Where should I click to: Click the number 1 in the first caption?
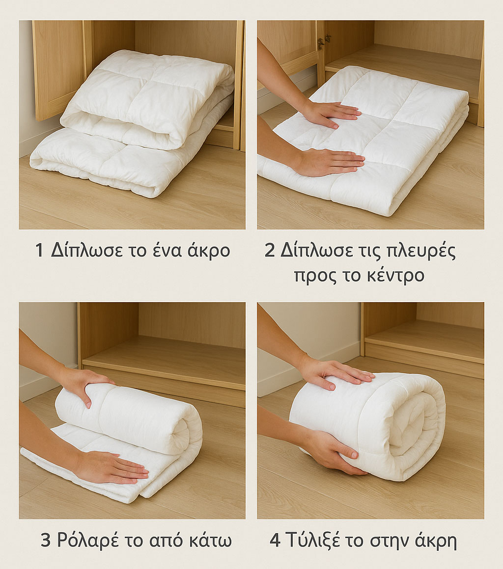pos(39,251)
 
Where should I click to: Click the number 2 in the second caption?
pos(270,251)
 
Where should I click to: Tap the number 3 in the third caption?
pos(45,541)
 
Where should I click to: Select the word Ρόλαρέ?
pos(88,541)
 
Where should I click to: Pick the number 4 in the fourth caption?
pos(275,541)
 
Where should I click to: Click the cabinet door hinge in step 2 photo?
pos(324,42)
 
